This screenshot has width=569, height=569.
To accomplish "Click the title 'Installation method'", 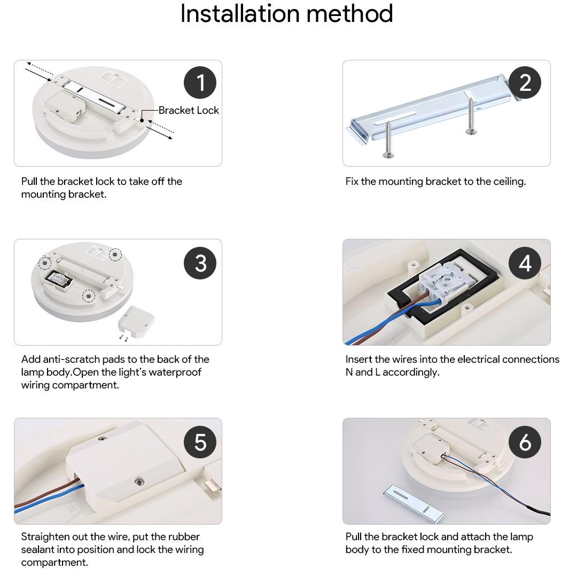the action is coord(287,13).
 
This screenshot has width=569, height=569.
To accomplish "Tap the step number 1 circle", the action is coord(200,82).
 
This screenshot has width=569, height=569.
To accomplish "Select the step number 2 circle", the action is coord(525,82).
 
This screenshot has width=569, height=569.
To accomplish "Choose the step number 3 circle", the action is coord(200,263).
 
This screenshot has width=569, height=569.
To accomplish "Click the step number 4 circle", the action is coord(525,263).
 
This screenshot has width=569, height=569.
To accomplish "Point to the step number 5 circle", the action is coord(200,442).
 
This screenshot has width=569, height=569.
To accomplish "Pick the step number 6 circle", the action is coord(525,442).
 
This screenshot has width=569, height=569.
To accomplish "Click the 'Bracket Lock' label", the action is coord(189,110).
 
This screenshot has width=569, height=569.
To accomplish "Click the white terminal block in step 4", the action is coord(443,281).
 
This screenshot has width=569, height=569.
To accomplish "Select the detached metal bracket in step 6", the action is coord(414,504).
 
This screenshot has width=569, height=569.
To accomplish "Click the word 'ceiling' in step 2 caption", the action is coord(510,182).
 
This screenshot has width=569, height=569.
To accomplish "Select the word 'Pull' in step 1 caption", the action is coord(29,182).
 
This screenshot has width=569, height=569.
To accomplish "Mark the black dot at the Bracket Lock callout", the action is coord(142,120).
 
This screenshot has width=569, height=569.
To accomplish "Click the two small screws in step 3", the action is coord(123,338).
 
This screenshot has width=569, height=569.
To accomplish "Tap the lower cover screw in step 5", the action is coord(138,482).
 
